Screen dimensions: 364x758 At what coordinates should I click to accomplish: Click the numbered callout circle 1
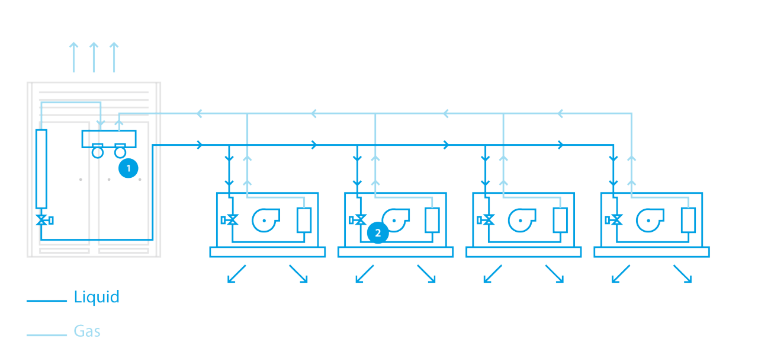129,168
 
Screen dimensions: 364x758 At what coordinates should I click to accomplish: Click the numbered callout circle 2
377,233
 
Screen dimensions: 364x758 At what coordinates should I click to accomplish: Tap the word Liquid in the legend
97,297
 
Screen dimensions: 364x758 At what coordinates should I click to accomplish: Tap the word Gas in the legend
87,331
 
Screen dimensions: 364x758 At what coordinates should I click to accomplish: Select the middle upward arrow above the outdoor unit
93,57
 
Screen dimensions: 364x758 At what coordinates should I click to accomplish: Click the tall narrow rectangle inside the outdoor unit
41,169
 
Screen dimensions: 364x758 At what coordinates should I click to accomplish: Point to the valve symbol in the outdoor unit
42,220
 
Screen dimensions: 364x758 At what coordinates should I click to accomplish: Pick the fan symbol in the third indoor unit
521,220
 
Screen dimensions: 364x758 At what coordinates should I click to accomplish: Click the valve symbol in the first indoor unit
231,220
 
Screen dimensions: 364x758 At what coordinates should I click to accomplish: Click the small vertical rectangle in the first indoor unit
304,220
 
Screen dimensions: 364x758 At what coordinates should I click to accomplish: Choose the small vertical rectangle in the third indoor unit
560,220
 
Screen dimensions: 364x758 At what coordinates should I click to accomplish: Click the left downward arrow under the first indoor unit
237,274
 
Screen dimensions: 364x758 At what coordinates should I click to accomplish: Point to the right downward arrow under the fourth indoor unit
682,274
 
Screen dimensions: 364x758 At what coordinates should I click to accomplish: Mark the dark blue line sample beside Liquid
47,301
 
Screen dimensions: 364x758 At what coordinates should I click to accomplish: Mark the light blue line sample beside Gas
47,335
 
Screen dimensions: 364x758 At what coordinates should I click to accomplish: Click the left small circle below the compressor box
98,152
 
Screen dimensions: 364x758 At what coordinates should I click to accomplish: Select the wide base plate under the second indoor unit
396,252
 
